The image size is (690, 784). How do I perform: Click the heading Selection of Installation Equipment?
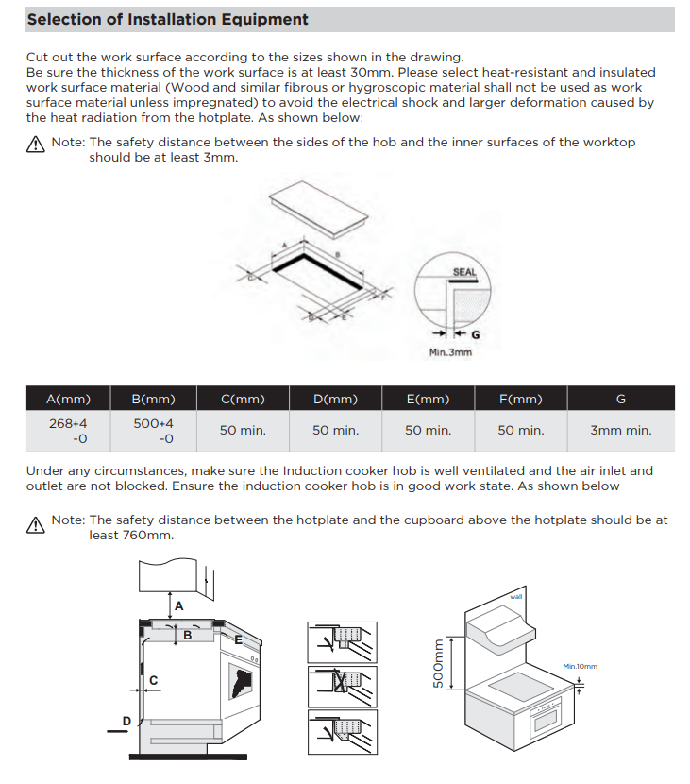point(167,19)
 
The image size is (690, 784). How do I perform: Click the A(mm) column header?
point(67,399)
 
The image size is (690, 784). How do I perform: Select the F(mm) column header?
point(520,399)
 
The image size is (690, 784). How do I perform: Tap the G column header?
point(620,399)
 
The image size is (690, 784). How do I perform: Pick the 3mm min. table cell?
point(620,430)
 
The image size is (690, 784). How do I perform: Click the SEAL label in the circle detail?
point(463,272)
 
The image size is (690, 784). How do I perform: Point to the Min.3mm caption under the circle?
point(450,352)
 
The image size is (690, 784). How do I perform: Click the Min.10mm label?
point(580,666)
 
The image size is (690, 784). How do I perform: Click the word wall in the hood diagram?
point(516,597)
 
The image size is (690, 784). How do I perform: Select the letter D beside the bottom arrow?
point(126,722)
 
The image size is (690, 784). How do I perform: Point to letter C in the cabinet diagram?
point(153,679)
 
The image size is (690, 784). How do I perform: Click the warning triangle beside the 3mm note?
point(36,145)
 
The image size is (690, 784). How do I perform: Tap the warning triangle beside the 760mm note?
point(36,526)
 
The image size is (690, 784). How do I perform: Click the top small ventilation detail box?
point(342,642)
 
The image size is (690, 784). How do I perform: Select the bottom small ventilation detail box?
point(342,731)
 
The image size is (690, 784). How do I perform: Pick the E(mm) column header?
point(428,399)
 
